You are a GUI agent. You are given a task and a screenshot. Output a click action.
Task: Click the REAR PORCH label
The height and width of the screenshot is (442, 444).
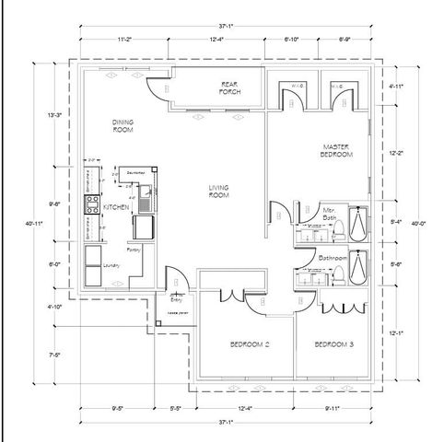(x=229, y=89)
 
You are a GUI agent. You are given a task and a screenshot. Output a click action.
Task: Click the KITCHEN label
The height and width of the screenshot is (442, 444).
(x=115, y=207)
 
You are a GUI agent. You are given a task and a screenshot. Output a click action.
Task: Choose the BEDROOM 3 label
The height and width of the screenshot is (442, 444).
(x=334, y=344)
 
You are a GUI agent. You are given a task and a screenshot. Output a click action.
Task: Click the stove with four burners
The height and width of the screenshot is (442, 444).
(x=91, y=204)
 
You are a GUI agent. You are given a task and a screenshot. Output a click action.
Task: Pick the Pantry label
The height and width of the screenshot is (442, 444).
(x=134, y=249)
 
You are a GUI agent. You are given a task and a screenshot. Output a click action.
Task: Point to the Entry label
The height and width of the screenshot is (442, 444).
(x=177, y=298)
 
